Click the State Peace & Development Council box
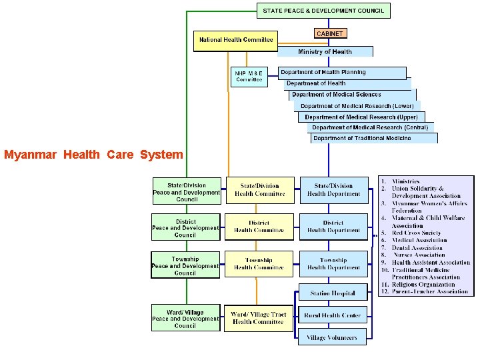(323, 11)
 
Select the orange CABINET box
(330, 33)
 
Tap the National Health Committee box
(236, 40)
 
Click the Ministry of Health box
(325, 51)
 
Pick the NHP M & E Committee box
(249, 75)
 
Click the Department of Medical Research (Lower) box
(357, 106)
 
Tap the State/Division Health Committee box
(259, 190)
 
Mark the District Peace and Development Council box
(186, 228)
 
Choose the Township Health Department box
(333, 263)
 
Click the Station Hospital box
(333, 293)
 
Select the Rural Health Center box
(332, 315)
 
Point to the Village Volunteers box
(332, 337)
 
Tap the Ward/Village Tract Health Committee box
(259, 318)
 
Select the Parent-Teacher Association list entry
(429, 291)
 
